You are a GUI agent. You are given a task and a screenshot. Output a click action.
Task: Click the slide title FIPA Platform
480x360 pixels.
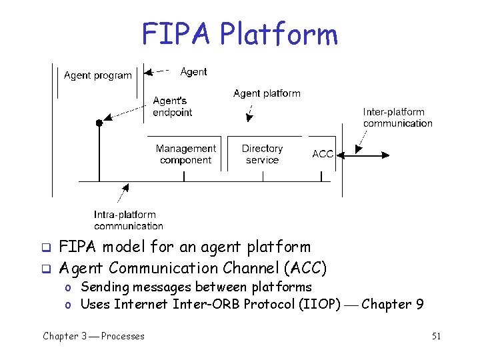pos(239,35)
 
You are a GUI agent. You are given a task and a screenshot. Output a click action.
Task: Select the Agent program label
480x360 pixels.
pos(97,75)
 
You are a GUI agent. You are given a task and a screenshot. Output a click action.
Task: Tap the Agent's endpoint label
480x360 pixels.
pos(172,107)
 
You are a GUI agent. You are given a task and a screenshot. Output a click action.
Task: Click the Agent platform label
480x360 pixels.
pos(267,93)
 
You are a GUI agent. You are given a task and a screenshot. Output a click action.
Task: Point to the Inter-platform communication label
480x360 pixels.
pos(397,117)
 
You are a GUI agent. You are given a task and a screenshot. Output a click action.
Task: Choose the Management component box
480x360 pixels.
pos(185,154)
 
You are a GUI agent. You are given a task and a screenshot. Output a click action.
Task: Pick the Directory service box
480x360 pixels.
pos(262,154)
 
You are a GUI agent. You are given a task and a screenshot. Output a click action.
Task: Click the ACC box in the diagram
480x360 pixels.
pos(323,154)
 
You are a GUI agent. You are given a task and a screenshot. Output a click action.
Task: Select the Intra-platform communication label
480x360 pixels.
pos(128,220)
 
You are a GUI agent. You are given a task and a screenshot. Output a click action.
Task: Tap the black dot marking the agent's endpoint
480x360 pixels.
pos(99,123)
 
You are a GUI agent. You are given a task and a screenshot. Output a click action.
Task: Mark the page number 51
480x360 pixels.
pos(436,337)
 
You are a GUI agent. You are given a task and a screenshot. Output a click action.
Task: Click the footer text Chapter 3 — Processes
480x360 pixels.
pos(93,337)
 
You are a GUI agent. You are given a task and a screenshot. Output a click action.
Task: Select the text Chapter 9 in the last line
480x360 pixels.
pos(392,304)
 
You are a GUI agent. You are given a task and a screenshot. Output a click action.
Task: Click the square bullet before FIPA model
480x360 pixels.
pos(47,248)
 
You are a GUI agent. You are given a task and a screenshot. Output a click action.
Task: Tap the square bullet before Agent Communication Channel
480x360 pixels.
pos(47,269)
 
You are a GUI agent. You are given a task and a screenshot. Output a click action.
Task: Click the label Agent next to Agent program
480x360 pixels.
pos(193,72)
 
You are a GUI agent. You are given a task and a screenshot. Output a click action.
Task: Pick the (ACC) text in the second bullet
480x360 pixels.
pos(305,268)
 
